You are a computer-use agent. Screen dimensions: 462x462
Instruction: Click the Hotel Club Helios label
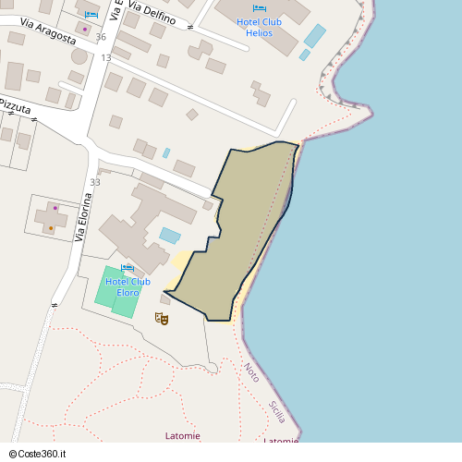(x=260, y=27)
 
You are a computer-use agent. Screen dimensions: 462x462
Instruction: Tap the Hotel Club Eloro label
(x=128, y=287)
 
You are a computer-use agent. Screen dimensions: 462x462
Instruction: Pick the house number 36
(x=101, y=37)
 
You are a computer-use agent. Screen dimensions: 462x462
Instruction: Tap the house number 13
(x=106, y=57)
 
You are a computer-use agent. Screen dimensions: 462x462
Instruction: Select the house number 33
(x=95, y=182)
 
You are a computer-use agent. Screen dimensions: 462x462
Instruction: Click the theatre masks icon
(x=162, y=319)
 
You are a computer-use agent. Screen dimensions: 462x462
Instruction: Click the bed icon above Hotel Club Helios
(x=259, y=8)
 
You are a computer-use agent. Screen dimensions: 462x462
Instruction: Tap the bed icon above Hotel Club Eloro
(x=128, y=268)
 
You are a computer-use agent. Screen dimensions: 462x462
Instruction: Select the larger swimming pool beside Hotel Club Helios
(x=315, y=36)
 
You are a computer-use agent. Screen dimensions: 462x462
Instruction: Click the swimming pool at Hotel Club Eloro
(x=170, y=235)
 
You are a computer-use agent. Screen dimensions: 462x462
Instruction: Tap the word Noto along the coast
(x=251, y=371)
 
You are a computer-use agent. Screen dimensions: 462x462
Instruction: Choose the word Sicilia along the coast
(x=277, y=412)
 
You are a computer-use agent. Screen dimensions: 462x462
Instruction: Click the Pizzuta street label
(x=15, y=106)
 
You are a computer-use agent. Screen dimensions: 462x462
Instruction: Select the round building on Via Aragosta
(x=79, y=55)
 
